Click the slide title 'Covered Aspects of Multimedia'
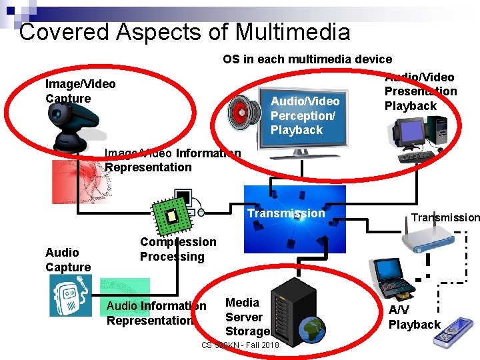(x=185, y=31)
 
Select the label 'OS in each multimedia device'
(x=307, y=59)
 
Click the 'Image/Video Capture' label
(x=79, y=91)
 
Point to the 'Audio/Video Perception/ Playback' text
(x=305, y=115)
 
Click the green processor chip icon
(x=171, y=215)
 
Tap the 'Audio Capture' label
(x=67, y=260)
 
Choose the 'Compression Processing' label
(x=177, y=249)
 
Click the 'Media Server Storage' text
(x=247, y=317)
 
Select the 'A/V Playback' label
(x=414, y=317)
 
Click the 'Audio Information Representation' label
(x=156, y=313)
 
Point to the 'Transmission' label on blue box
(x=286, y=213)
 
